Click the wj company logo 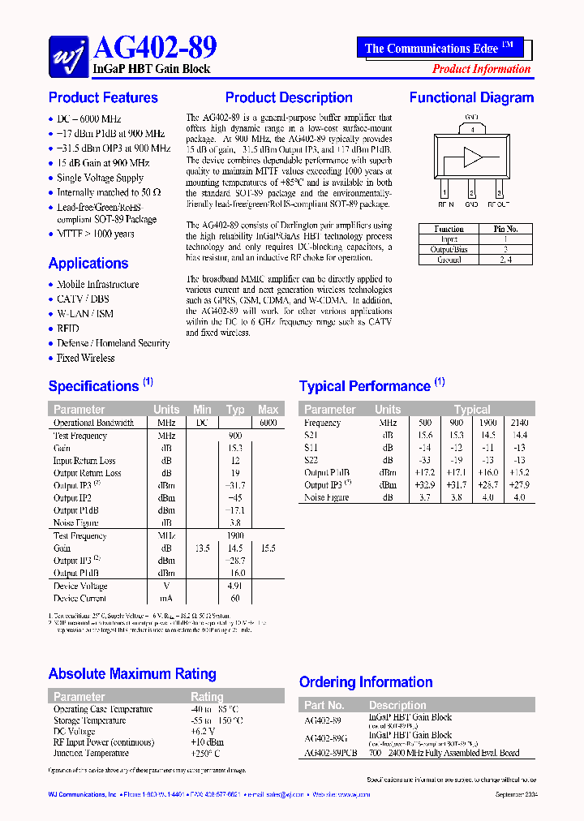coord(68,55)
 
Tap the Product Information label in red coord(481,69)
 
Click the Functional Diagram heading coord(471,97)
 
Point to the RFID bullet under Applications coord(68,329)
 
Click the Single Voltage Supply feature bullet coord(100,178)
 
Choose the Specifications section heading coord(93,386)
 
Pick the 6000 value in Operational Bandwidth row coord(268,423)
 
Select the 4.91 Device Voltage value coord(235,586)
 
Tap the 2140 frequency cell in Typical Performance coord(519,423)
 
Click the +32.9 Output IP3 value coord(425,485)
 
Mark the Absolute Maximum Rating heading coord(132,673)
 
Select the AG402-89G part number coord(324,738)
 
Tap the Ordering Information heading coord(366,682)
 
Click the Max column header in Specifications coord(268,410)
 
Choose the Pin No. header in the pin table coord(505,229)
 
